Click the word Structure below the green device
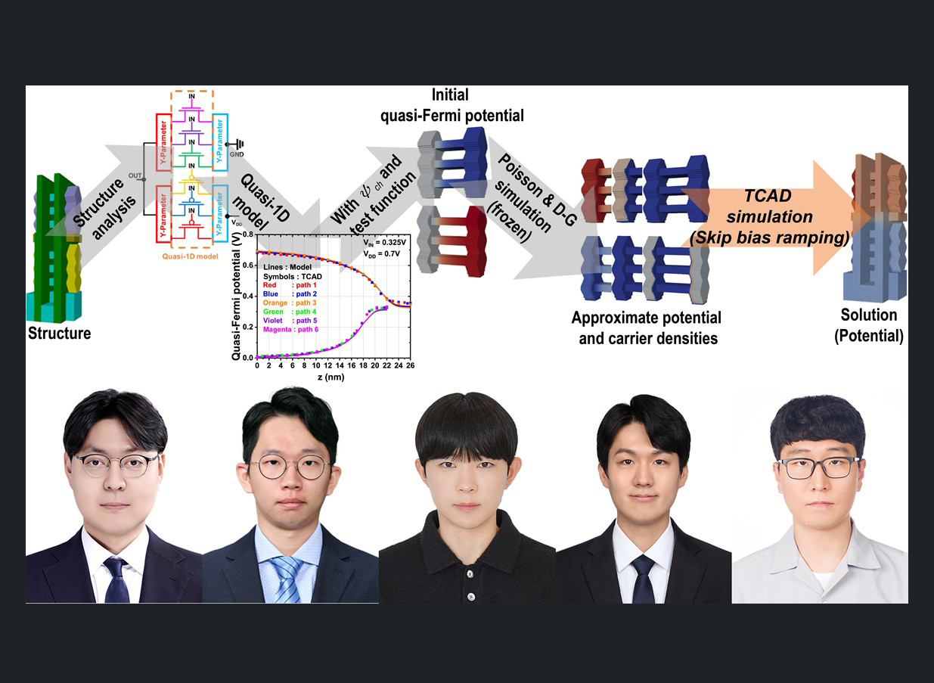[x=60, y=333]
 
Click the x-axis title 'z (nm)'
[x=332, y=377]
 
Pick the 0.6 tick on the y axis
[x=250, y=265]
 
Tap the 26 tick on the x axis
[x=409, y=365]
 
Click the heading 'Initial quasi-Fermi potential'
[x=471, y=106]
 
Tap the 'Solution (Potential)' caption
[x=869, y=325]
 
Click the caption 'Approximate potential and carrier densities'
[x=646, y=328]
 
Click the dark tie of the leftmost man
[x=116, y=579]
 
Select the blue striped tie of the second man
[x=287, y=575]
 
